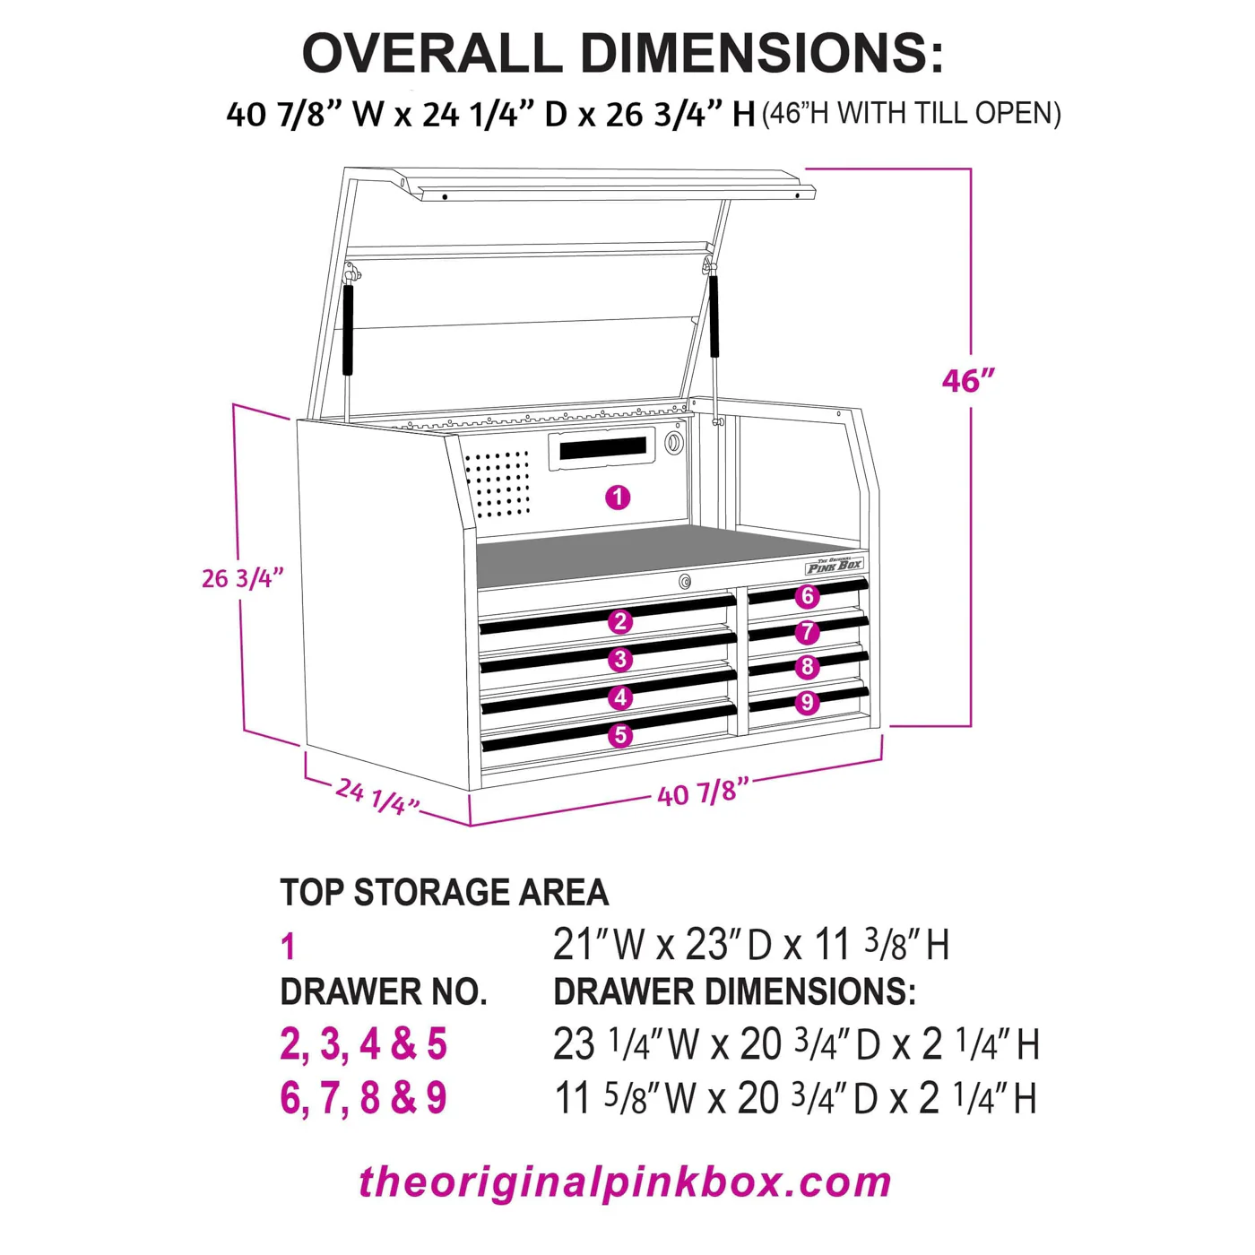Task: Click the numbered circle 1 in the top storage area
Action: tap(618, 498)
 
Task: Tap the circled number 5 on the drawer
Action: tap(620, 736)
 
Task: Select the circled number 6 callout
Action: tap(807, 596)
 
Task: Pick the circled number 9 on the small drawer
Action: tap(807, 703)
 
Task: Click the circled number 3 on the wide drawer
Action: tap(620, 660)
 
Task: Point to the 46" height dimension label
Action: tap(968, 381)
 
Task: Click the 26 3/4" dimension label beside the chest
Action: tap(242, 578)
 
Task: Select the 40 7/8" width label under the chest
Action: tap(703, 792)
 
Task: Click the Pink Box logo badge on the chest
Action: tap(834, 566)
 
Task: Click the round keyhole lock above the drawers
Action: tap(685, 582)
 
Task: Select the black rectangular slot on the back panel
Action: tap(602, 447)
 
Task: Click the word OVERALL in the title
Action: tap(431, 54)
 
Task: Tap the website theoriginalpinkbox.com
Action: tap(626, 1182)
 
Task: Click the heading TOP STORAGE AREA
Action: tap(445, 893)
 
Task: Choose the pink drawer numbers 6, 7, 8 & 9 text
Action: tap(363, 1098)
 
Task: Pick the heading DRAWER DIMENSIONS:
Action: tap(734, 991)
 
